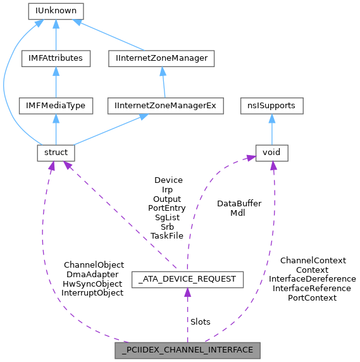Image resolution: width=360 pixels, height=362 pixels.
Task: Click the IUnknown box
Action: pyautogui.click(x=56, y=11)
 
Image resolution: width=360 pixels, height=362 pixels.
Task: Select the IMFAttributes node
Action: pyautogui.click(x=56, y=58)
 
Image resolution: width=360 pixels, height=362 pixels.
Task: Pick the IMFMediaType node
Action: pyautogui.click(x=56, y=106)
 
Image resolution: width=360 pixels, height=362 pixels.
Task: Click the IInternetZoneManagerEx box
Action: pyautogui.click(x=165, y=106)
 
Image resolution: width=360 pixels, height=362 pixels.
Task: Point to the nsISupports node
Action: pyautogui.click(x=271, y=106)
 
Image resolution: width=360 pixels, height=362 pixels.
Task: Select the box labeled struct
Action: pyautogui.click(x=56, y=153)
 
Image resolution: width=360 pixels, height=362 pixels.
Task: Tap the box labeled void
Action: pyautogui.click(x=271, y=153)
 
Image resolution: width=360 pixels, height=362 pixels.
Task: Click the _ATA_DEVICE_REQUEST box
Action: pyautogui.click(x=187, y=278)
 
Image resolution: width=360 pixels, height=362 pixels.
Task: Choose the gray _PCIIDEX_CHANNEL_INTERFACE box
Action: pyautogui.click(x=187, y=349)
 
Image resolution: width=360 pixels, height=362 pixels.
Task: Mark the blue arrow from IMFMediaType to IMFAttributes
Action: pyautogui.click(x=56, y=82)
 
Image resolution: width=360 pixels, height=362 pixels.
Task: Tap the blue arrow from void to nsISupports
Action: pyautogui.click(x=271, y=129)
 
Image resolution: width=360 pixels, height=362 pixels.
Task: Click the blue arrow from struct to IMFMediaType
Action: pyautogui.click(x=56, y=129)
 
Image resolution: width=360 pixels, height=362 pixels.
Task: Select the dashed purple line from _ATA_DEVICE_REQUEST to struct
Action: pyautogui.click(x=120, y=215)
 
